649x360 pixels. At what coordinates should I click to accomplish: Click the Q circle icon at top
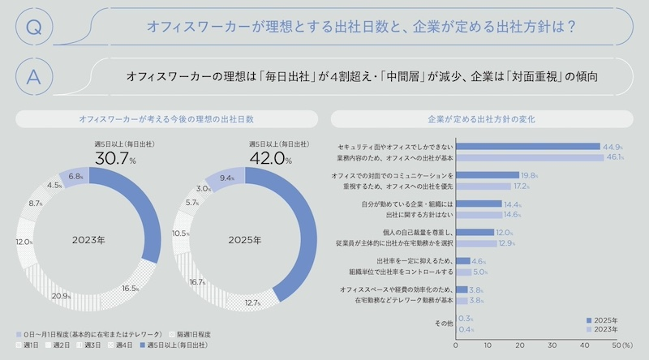click(33, 27)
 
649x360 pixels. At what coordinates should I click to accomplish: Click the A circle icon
click(33, 77)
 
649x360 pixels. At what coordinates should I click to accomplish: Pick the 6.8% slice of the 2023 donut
click(73, 176)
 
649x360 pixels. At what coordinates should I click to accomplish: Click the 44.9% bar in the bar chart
click(527, 147)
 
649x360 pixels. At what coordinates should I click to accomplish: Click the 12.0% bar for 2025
click(475, 232)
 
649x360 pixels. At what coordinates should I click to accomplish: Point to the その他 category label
click(442, 324)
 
